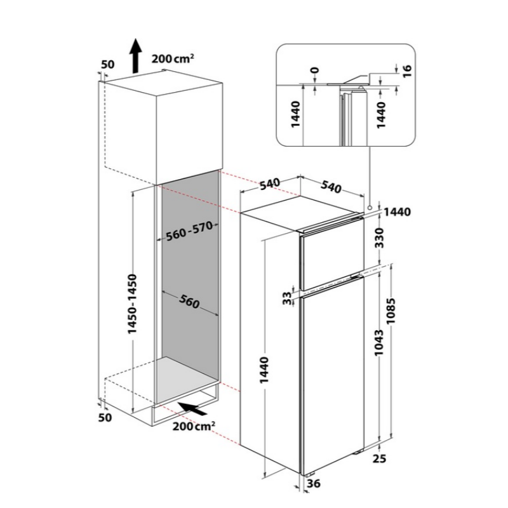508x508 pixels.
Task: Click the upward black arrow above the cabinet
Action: [x=136, y=56]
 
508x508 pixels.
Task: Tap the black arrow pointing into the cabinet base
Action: [x=192, y=409]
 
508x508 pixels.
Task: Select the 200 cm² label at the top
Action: [x=173, y=59]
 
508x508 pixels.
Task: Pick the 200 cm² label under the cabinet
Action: [x=194, y=426]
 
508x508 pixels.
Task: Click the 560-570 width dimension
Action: [x=189, y=231]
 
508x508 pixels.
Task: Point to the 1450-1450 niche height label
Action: [x=132, y=304]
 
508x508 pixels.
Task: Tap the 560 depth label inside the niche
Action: [x=189, y=302]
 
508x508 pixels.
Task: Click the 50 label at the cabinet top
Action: [x=107, y=65]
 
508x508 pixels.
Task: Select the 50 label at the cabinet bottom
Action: [x=105, y=418]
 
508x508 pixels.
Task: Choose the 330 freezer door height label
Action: [x=379, y=237]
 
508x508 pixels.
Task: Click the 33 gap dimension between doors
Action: [x=287, y=298]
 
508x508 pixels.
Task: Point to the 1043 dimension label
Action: [x=378, y=342]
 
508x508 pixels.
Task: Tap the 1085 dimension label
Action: [x=391, y=311]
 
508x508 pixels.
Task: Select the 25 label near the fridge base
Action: [x=379, y=458]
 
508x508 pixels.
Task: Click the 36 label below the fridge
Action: [x=314, y=483]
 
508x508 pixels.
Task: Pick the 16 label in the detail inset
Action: [x=407, y=70]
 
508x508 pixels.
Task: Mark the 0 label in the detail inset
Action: [x=314, y=70]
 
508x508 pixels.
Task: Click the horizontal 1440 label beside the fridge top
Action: [x=398, y=212]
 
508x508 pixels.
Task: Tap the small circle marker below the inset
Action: [x=370, y=208]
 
